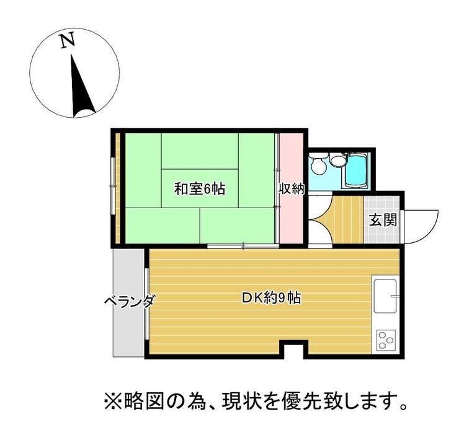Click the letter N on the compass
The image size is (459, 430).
tap(68, 40)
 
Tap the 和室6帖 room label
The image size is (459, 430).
tap(200, 188)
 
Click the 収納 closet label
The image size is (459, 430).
tap(292, 189)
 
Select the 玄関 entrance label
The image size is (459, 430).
tap(383, 220)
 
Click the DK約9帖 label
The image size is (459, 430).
tap(271, 298)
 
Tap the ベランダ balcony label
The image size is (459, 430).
tap(129, 301)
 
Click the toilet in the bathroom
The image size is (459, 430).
tap(318, 165)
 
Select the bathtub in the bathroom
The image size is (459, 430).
tap(356, 171)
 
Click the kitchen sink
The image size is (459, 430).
tap(385, 296)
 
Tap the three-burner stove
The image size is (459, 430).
tap(386, 340)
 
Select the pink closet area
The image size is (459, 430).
tap(292, 188)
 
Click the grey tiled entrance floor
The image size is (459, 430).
tap(381, 219)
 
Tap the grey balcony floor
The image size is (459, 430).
tap(128, 302)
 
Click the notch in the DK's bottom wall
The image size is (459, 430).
tap(293, 350)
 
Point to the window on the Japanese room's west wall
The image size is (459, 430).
tap(112, 186)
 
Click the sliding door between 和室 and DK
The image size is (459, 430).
tap(243, 246)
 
